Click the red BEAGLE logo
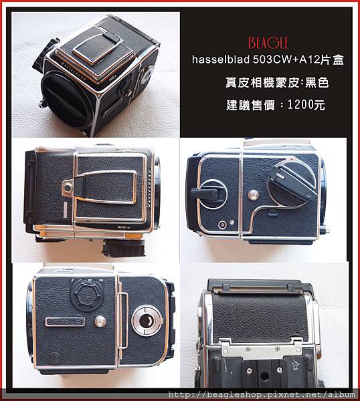click(x=268, y=43)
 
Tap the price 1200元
click(x=306, y=105)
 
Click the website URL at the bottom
click(x=262, y=394)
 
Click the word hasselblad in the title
click(x=221, y=60)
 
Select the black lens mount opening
click(x=67, y=100)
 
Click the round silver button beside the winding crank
click(x=253, y=195)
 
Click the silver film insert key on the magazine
click(x=147, y=320)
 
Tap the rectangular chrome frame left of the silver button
click(x=65, y=321)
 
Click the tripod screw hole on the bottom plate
click(x=264, y=377)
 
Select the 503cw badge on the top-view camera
click(x=124, y=227)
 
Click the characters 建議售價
click(x=250, y=105)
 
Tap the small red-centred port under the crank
click(x=222, y=225)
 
